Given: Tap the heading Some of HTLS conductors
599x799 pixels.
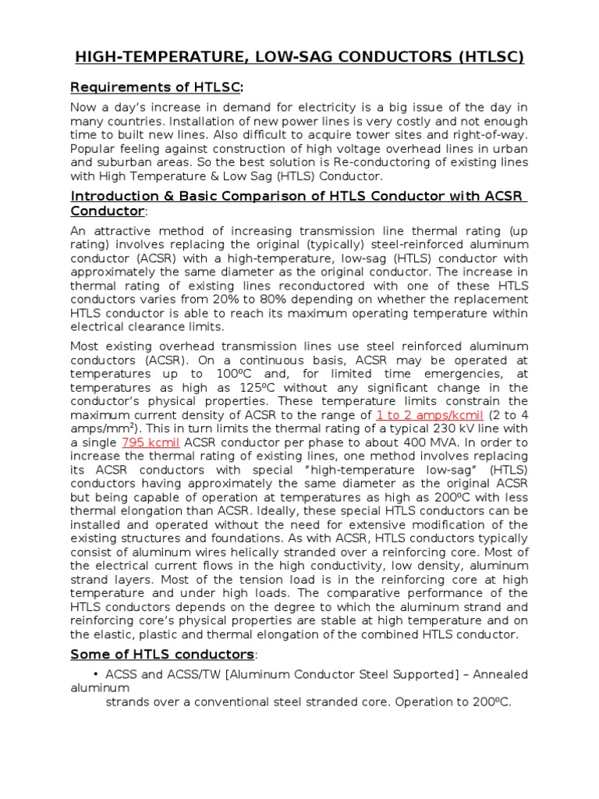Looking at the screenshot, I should click(x=162, y=654).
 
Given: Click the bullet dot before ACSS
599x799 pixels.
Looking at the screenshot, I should click(x=95, y=675).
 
